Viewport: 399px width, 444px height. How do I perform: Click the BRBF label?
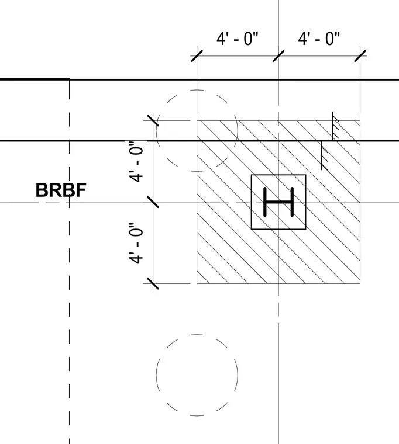coord(61,190)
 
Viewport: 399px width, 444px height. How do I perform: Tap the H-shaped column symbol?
coord(278,202)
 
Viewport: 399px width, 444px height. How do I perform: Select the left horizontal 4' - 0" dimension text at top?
coord(238,39)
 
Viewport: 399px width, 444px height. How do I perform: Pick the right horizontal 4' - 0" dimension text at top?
coord(319,39)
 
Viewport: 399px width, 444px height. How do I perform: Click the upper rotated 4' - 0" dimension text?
coord(136,161)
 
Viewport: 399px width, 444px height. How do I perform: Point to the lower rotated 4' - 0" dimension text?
coord(136,243)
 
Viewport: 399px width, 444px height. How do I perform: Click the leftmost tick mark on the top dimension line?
coord(197,56)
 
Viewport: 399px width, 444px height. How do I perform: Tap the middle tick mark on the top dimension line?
coord(278,56)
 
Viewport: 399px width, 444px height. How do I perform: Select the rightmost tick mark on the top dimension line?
coord(360,56)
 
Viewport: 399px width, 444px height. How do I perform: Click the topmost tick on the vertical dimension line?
coord(153,120)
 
